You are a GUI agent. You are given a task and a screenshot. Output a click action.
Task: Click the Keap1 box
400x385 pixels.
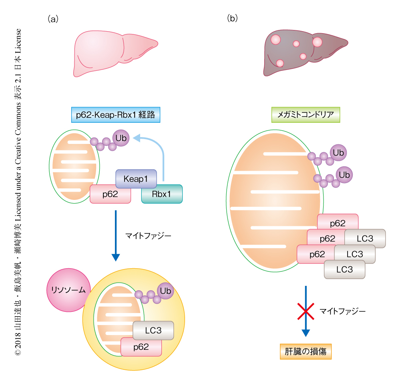(x=136, y=179)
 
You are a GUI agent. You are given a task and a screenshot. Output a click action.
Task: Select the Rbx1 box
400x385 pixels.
(x=161, y=194)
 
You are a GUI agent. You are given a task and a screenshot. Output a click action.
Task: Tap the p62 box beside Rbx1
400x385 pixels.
(x=110, y=194)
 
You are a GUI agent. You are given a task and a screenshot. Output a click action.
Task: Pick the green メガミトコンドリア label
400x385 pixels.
(x=306, y=115)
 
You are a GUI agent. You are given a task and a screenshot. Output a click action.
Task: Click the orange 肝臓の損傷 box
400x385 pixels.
(x=306, y=351)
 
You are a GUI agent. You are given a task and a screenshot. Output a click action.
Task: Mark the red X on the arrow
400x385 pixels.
(x=306, y=311)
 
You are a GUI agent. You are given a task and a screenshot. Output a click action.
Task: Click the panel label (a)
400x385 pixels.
(x=53, y=19)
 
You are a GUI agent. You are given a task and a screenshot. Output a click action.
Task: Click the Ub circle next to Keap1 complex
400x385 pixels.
(x=121, y=138)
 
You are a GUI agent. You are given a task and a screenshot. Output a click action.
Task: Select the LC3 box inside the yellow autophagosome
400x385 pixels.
(x=153, y=331)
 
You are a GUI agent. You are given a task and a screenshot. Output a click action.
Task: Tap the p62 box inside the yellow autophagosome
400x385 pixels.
(x=141, y=347)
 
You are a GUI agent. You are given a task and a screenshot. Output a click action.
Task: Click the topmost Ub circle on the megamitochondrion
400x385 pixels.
(x=338, y=152)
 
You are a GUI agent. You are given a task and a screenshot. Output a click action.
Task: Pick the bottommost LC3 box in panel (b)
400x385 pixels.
(x=344, y=269)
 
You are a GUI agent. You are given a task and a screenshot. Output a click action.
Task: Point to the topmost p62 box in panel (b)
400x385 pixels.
(x=338, y=223)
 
